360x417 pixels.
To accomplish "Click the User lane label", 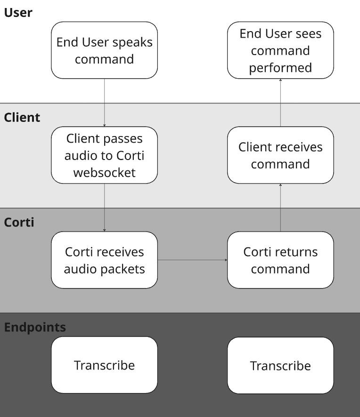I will pos(18,12).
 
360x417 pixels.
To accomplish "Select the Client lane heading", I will pos(22,117).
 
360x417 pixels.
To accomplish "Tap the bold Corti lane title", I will pos(19,222).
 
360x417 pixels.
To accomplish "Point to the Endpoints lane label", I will pos(35,327).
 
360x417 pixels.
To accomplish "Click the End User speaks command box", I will pos(104,50).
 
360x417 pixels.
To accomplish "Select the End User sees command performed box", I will pos(280,50).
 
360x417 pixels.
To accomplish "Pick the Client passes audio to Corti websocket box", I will pos(104,155).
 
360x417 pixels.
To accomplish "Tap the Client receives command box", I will pos(280,155).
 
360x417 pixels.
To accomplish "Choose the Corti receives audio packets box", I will pos(104,260).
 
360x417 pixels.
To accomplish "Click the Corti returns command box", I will pos(280,260).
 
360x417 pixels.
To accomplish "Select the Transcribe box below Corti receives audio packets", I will pos(104,365).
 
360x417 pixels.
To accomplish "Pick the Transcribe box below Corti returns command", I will pos(280,366).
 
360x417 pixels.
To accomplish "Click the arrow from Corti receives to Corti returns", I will pos(192,260).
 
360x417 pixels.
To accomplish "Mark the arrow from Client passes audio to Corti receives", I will pos(104,207).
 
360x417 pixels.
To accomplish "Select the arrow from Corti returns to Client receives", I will pos(280,207).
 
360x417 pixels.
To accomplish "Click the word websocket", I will pos(104,172).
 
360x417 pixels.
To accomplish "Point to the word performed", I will pos(280,67).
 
